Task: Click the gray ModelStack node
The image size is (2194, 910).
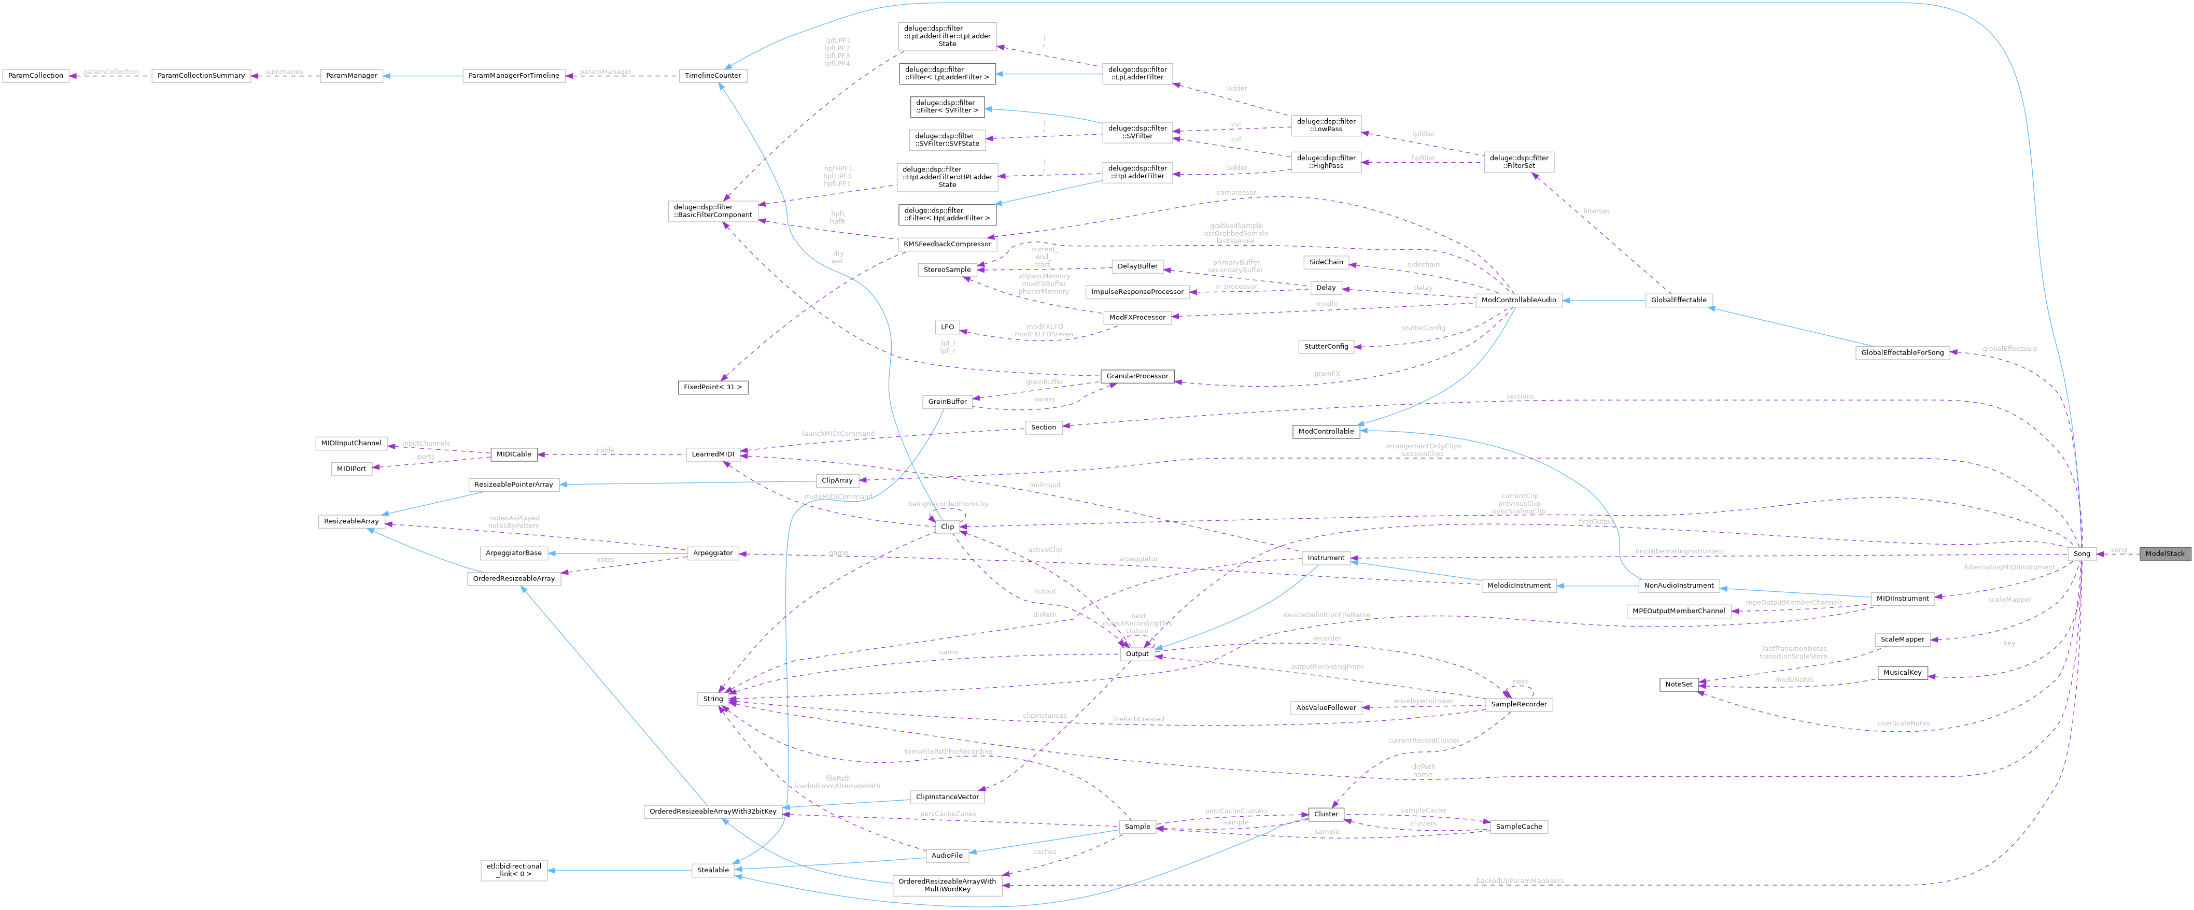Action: (2163, 553)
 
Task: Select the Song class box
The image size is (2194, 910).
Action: (2081, 553)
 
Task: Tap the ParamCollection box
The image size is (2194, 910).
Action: (35, 76)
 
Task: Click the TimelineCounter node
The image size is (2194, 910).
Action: (713, 76)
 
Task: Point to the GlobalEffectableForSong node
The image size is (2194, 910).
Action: (1902, 352)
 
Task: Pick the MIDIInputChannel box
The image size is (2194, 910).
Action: (350, 443)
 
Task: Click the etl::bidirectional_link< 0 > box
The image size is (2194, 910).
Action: (514, 870)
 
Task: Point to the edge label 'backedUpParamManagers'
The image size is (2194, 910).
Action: (1520, 880)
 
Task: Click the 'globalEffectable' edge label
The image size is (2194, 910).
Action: (2009, 348)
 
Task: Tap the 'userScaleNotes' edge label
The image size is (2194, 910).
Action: (1903, 723)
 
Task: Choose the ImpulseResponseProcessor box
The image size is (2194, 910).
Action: (1137, 292)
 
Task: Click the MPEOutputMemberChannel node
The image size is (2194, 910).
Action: (1678, 610)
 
